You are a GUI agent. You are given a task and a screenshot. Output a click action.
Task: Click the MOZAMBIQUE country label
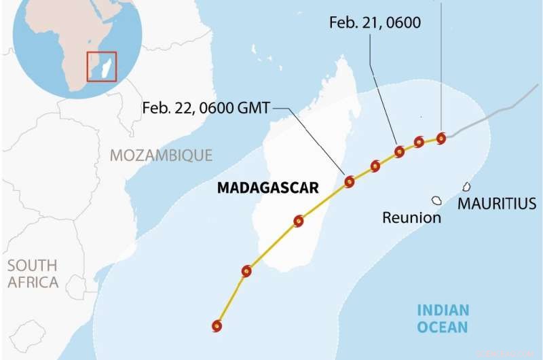(162, 155)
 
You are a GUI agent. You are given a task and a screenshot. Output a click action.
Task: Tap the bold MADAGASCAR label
(267, 188)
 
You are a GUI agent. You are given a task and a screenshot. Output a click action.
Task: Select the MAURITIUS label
(497, 203)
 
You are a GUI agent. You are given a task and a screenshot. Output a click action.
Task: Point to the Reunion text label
(411, 218)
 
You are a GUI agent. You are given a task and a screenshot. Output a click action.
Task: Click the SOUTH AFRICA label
(33, 273)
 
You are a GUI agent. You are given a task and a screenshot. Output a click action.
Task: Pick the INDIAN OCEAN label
(443, 319)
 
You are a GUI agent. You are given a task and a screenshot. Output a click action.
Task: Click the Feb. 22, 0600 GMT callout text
(206, 107)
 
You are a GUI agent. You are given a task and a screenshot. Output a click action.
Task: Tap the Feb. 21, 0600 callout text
(375, 22)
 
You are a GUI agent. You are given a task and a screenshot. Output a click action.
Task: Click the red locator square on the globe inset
(102, 67)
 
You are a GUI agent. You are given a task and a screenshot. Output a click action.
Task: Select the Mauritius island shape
(467, 186)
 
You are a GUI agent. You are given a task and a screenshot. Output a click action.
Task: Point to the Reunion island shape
(436, 200)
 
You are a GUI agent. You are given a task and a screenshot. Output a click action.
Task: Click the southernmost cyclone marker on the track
(217, 326)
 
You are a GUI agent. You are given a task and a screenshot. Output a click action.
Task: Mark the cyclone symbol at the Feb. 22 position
(350, 181)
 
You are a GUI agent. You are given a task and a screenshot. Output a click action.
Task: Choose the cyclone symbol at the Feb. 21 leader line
(399, 151)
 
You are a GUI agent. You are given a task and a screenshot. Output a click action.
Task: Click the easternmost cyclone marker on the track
(441, 139)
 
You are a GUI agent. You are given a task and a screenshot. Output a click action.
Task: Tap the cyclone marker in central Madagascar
(299, 221)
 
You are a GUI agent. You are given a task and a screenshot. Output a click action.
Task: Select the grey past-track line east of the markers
(489, 119)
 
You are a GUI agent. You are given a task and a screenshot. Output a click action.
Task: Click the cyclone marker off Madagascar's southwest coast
(246, 272)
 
